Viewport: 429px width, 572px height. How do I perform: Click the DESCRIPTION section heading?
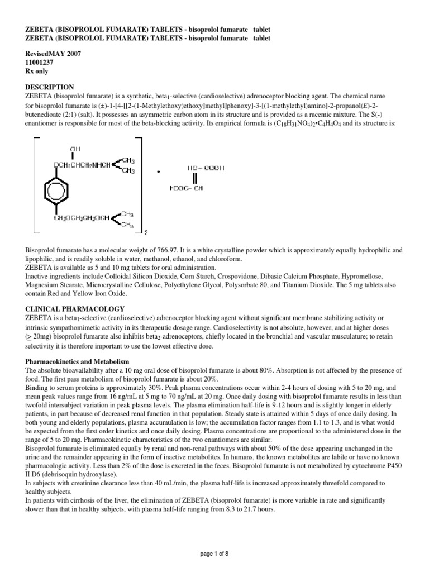point(50,87)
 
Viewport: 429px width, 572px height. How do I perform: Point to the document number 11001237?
point(40,63)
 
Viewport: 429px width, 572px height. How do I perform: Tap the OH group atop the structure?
point(74,149)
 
